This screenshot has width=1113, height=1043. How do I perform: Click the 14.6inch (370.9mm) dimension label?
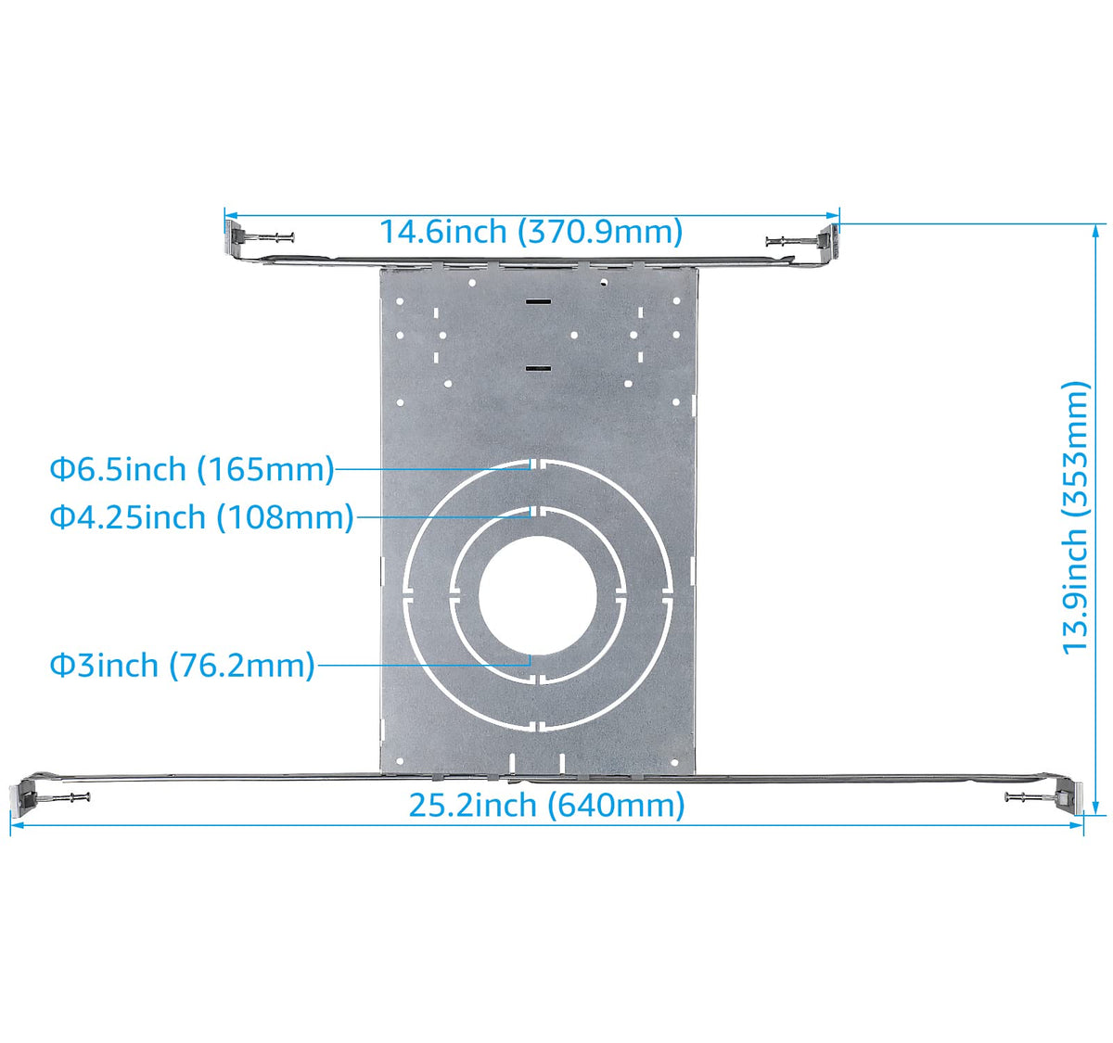click(531, 232)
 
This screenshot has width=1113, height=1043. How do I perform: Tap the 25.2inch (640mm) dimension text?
click(546, 806)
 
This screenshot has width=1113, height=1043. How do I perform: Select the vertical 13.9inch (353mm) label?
click(1076, 517)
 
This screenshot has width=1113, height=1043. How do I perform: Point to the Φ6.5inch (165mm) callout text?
click(192, 469)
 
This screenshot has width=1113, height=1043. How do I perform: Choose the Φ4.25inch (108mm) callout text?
click(202, 516)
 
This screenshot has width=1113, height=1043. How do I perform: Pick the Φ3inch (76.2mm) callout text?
click(183, 666)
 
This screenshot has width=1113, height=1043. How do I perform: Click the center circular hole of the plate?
click(538, 595)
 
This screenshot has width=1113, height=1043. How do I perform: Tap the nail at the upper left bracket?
click(275, 238)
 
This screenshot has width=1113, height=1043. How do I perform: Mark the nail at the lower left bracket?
click(71, 796)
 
